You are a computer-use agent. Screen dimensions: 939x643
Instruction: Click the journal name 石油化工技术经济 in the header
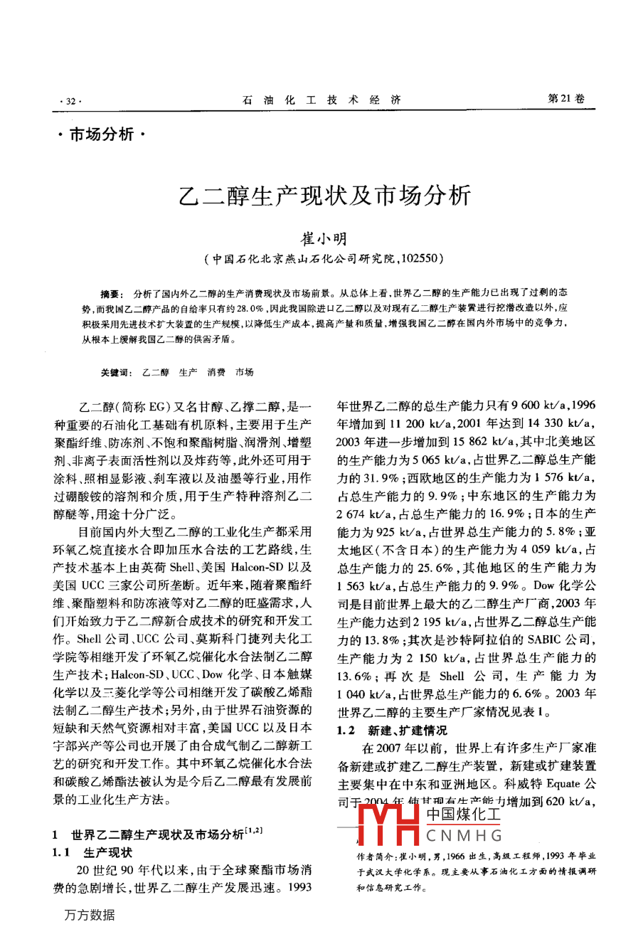pos(321,100)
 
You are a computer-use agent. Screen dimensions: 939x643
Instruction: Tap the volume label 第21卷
pos(565,100)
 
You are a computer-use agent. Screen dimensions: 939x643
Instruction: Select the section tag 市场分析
pos(101,134)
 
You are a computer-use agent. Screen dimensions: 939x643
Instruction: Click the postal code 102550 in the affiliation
pos(420,258)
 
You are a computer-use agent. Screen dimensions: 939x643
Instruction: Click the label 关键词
pos(116,372)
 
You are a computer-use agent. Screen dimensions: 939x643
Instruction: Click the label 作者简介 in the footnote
pos(374,856)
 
